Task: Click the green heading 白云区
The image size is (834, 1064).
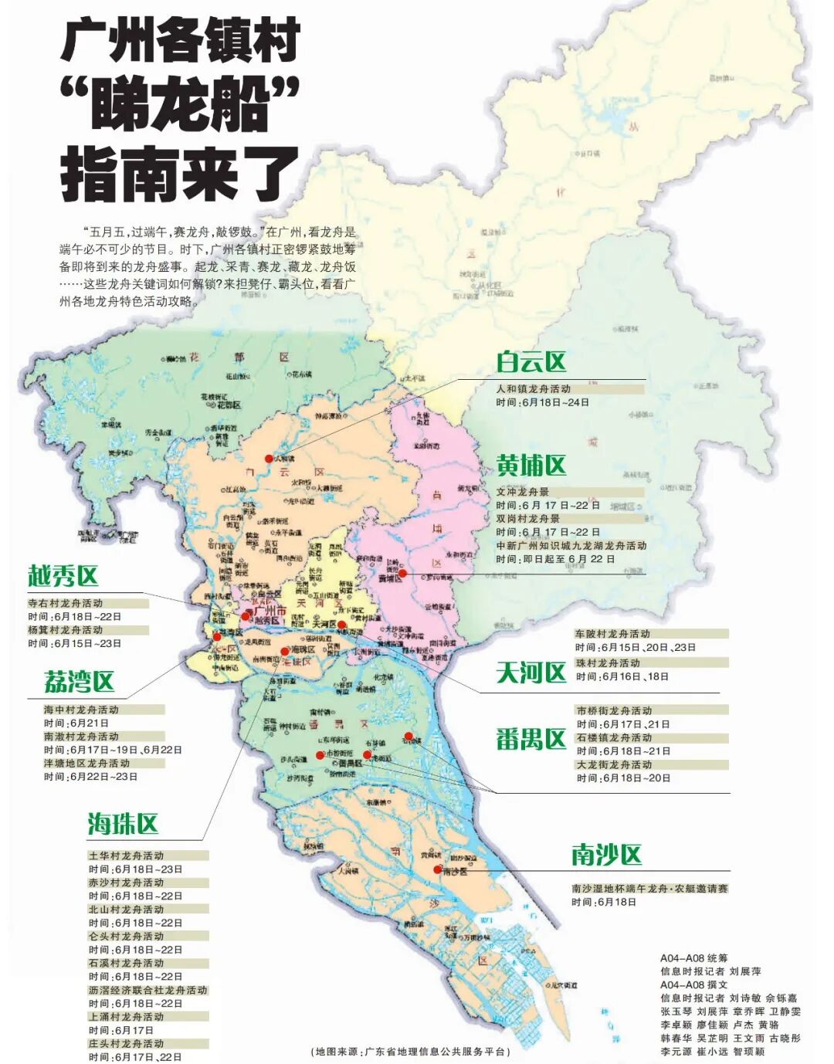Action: [x=531, y=361]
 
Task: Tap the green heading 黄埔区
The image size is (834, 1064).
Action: [x=531, y=466]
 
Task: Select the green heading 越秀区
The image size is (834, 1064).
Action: [x=63, y=576]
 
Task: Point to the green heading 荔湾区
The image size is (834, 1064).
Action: [x=79, y=682]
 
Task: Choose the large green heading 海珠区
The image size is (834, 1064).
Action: [x=123, y=824]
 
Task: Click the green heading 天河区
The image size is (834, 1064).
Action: [x=531, y=673]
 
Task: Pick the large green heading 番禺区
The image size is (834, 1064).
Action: [x=531, y=740]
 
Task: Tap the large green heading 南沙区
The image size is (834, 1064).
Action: [x=606, y=855]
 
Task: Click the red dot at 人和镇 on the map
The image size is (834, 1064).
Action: [x=269, y=458]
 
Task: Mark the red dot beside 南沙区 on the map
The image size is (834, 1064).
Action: [x=438, y=869]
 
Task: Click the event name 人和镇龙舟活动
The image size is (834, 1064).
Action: [x=534, y=389]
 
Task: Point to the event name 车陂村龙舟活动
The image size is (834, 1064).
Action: [x=612, y=634]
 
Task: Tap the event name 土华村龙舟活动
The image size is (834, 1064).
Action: [x=126, y=856]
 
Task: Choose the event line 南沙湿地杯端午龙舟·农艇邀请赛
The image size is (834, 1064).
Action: [x=649, y=889]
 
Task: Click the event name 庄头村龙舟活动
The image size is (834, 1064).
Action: [x=126, y=1043]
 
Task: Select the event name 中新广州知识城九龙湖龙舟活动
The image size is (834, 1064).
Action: [x=571, y=545]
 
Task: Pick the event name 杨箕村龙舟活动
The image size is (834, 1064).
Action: [x=66, y=630]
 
